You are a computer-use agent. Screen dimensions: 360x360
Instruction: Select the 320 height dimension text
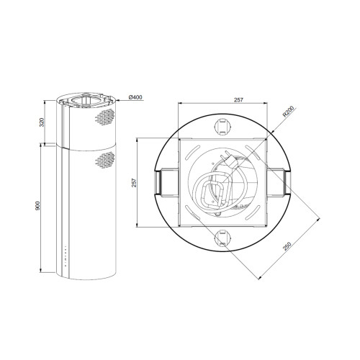click(x=42, y=122)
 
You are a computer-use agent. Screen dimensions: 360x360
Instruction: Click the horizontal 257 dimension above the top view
click(x=220, y=100)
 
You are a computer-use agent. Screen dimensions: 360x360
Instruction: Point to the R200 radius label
click(x=289, y=112)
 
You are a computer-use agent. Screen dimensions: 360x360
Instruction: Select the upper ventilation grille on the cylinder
click(x=104, y=117)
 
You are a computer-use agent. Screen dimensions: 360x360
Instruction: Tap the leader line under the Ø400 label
click(x=124, y=102)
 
